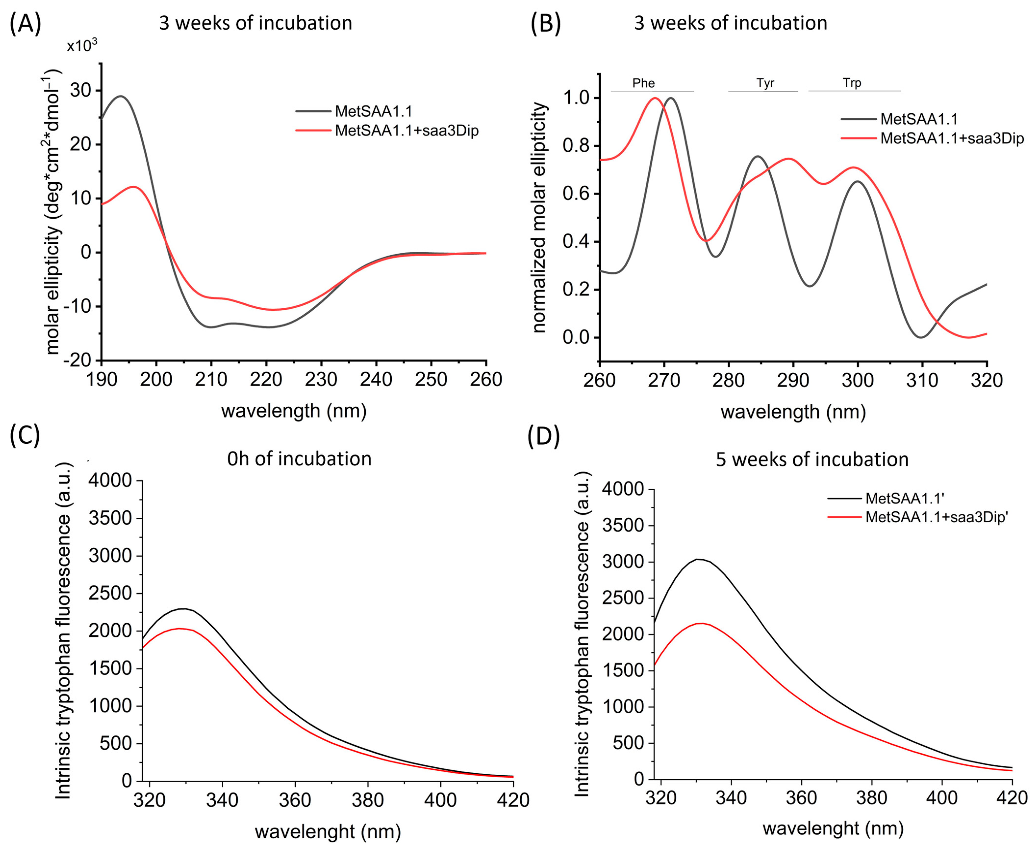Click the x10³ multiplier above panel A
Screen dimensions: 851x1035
pyautogui.click(x=82, y=46)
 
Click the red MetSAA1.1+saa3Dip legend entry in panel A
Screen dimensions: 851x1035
pyautogui.click(x=406, y=131)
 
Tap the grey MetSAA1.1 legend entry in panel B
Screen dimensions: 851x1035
pyautogui.click(x=918, y=119)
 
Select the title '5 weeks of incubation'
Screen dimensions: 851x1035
pyautogui.click(x=812, y=459)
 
